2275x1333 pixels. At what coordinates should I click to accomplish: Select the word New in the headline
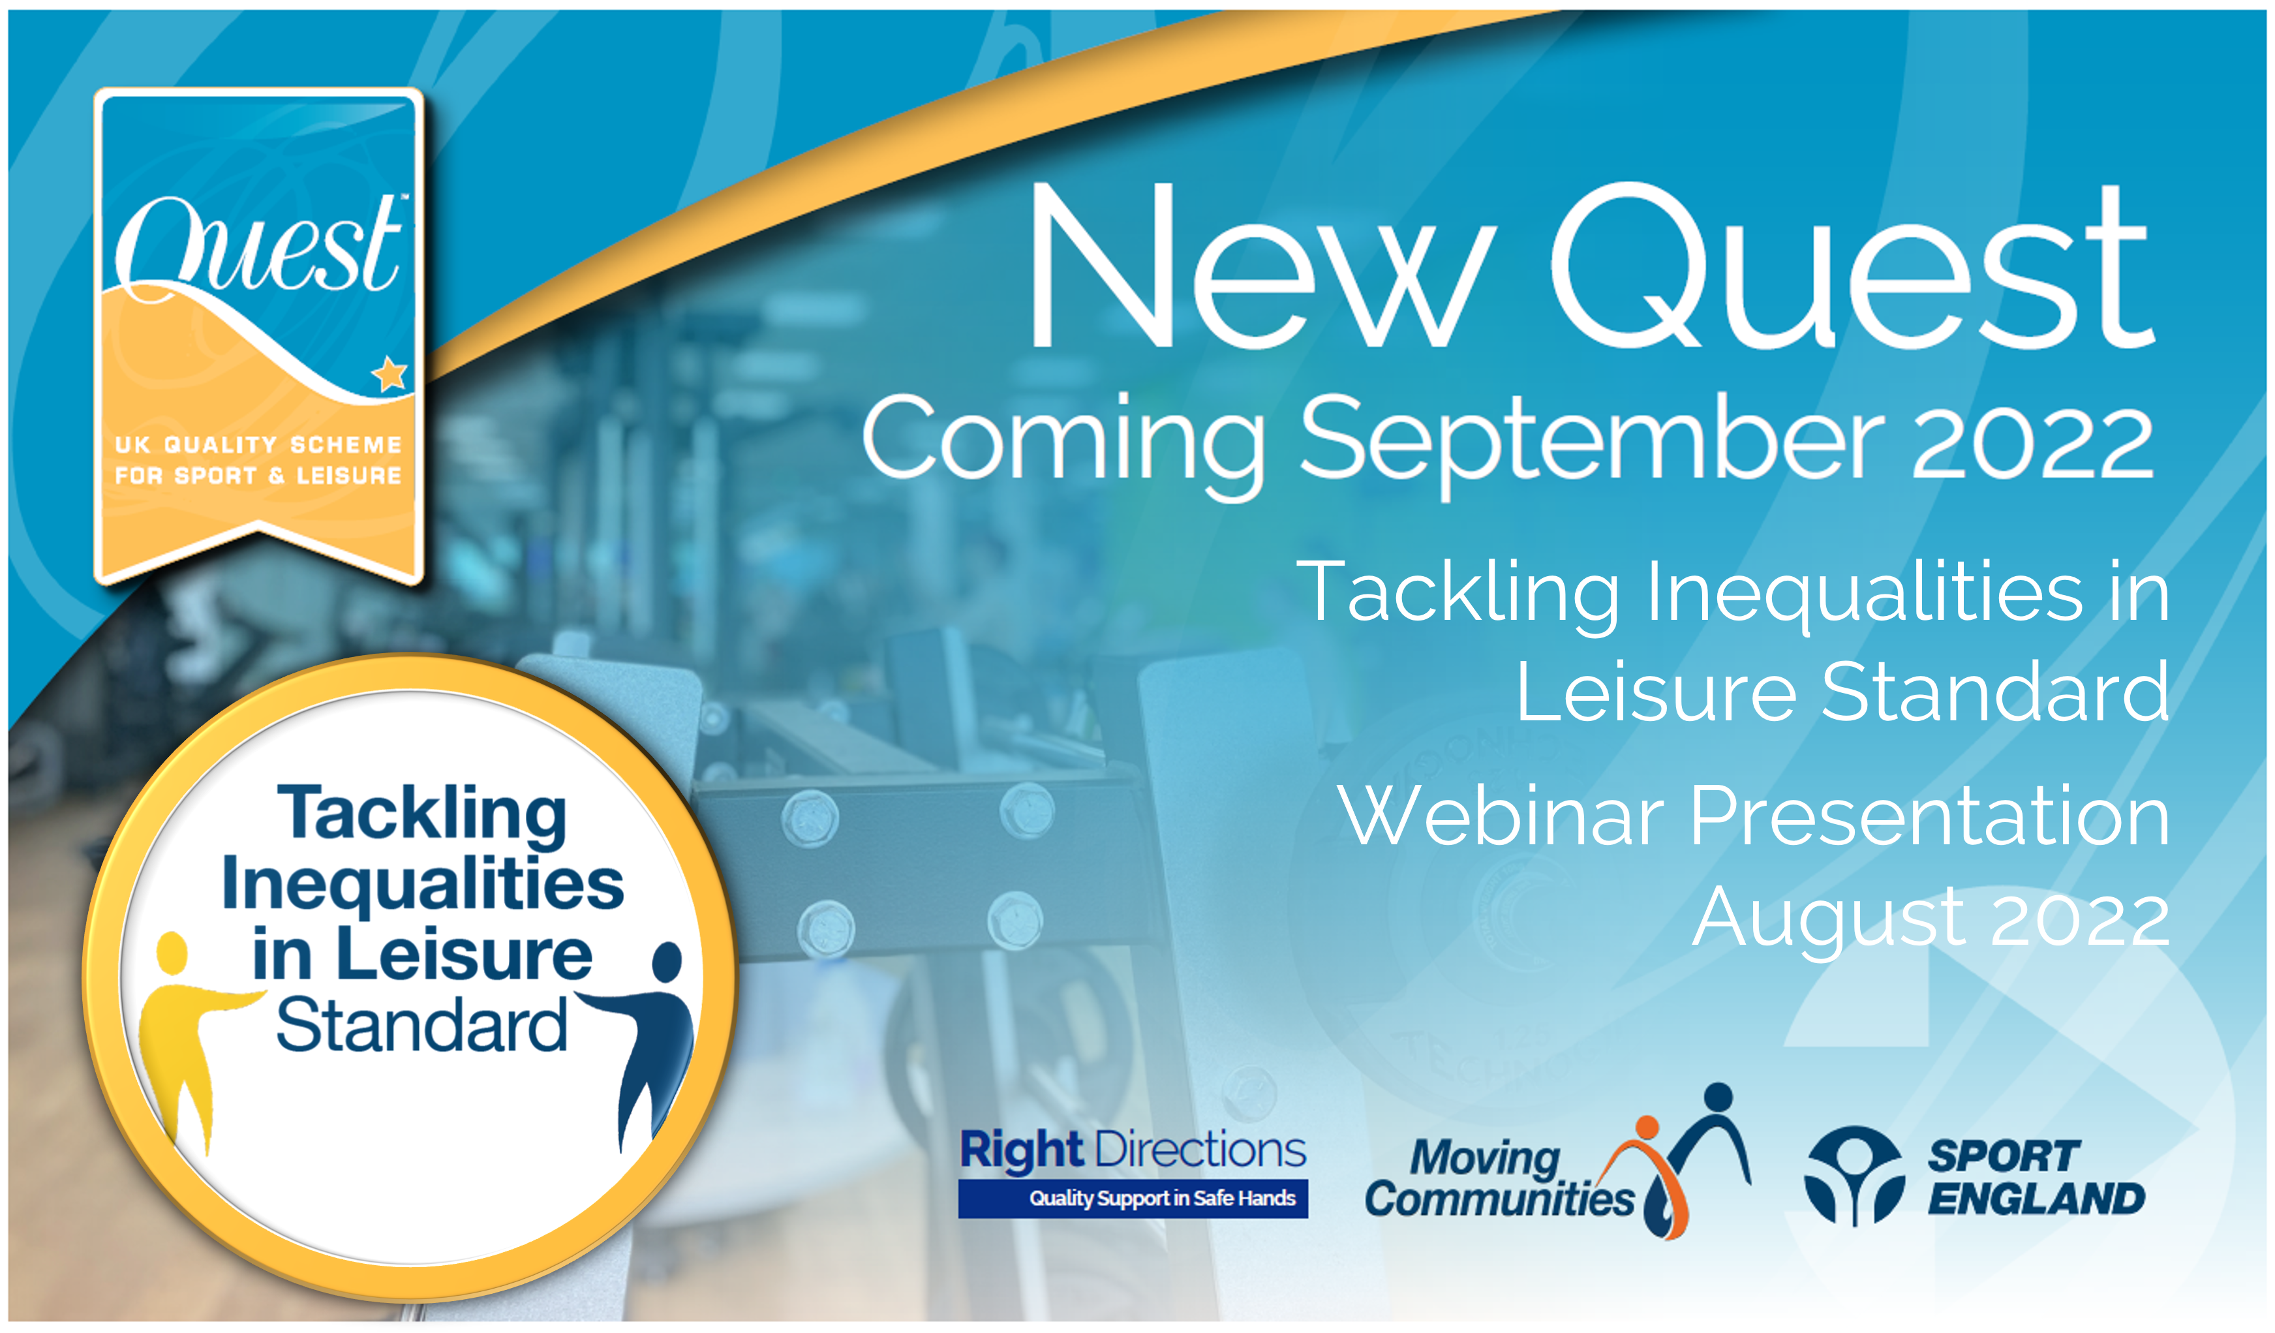(1259, 266)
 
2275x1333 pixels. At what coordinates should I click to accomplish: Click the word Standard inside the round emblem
(421, 1025)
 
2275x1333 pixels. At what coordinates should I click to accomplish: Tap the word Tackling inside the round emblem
(421, 816)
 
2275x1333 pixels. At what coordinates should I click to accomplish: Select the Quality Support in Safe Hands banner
(1133, 1199)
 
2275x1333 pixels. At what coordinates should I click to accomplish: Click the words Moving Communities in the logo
(1499, 1178)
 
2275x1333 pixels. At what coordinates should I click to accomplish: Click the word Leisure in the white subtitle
(1656, 692)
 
